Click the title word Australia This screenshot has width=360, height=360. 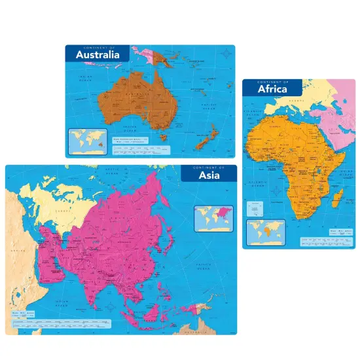pos(98,56)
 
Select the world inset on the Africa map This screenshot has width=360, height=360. pos(266,231)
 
